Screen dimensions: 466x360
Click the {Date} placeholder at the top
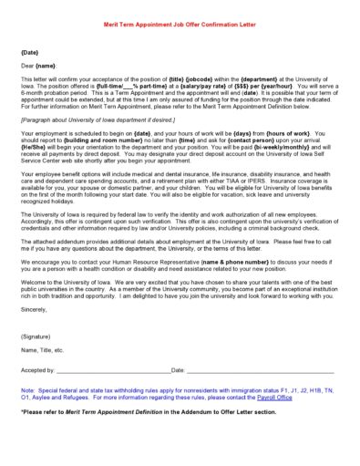click(30, 53)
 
